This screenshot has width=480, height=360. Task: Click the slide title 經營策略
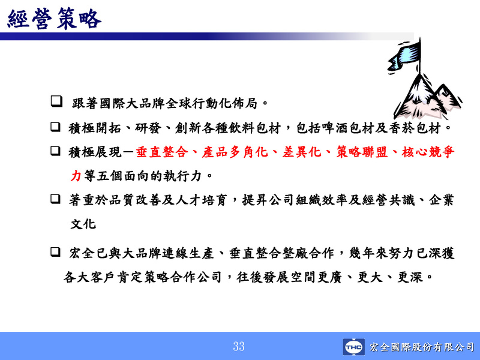[x=54, y=19]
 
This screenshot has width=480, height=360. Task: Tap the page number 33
[x=239, y=346]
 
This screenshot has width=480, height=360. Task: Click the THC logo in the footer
[x=353, y=347]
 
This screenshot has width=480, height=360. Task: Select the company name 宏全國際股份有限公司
[x=422, y=347]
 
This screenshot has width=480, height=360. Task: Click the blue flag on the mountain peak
[x=404, y=56]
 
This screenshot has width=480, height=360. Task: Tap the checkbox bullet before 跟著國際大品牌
[x=56, y=101]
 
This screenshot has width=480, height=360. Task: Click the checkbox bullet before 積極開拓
[x=55, y=127]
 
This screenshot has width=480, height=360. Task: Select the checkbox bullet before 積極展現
[x=55, y=151]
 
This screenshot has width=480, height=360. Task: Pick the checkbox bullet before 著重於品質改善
[x=55, y=199]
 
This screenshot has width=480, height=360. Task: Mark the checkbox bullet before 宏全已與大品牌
[x=55, y=252]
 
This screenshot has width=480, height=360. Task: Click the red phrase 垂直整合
[x=162, y=152]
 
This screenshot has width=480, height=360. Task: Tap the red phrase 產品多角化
[x=235, y=152]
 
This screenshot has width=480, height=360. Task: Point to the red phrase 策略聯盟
[x=362, y=152]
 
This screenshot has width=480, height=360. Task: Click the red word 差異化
[x=302, y=152]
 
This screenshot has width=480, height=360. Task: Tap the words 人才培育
[x=201, y=200]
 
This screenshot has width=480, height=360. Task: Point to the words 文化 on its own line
[x=83, y=224]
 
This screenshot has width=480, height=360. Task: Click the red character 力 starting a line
[x=76, y=176]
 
